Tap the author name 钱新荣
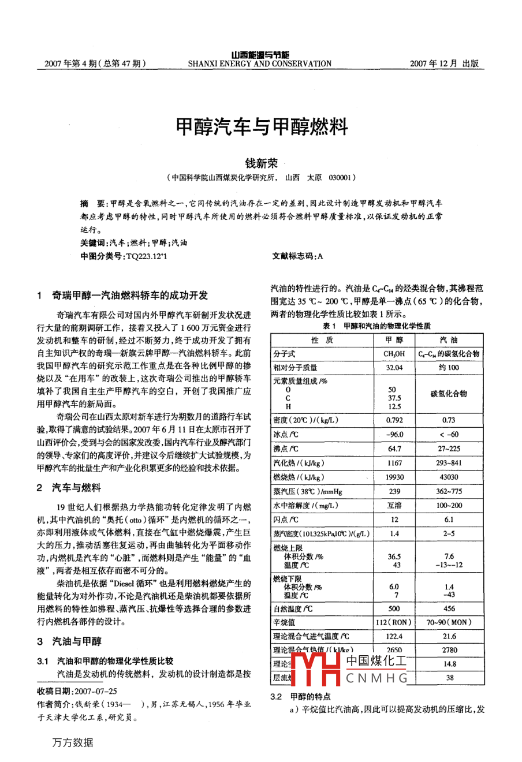pyautogui.click(x=261, y=163)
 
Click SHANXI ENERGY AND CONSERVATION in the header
pyautogui.click(x=260, y=64)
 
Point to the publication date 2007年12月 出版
pyautogui.click(x=444, y=64)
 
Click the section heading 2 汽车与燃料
pyautogui.click(x=69, y=488)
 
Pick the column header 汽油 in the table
pyautogui.click(x=449, y=340)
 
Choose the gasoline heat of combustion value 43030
pyautogui.click(x=449, y=477)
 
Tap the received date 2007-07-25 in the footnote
pyautogui.click(x=95, y=691)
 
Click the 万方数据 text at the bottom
pyautogui.click(x=73, y=742)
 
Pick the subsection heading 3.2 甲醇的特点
pyautogui.click(x=301, y=697)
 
